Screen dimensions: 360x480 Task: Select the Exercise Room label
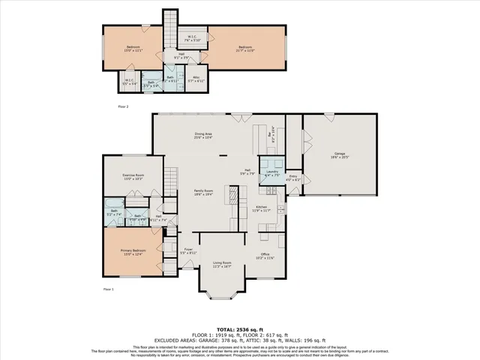pos(132,177)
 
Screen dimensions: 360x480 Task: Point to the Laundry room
pos(271,173)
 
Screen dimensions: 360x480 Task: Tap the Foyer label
pos(189,251)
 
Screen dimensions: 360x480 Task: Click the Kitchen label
pos(261,208)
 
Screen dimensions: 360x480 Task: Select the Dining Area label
pos(204,135)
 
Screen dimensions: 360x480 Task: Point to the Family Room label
pos(205,193)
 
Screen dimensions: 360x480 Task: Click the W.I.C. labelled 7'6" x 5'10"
pos(191,39)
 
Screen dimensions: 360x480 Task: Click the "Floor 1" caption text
pos(108,289)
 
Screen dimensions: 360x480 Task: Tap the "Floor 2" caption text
pos(124,106)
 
